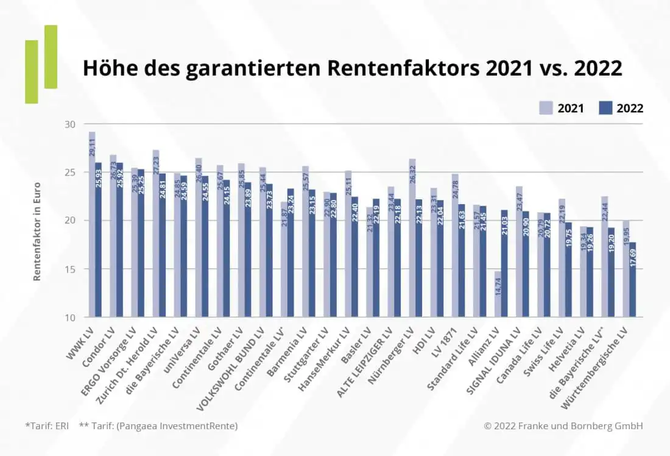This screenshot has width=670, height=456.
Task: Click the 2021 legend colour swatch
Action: pyautogui.click(x=546, y=108)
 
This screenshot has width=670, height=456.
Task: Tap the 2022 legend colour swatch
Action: pyautogui.click(x=605, y=108)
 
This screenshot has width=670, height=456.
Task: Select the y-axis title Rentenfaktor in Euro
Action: pyautogui.click(x=37, y=231)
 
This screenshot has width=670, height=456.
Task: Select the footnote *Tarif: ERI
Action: pyautogui.click(x=48, y=426)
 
